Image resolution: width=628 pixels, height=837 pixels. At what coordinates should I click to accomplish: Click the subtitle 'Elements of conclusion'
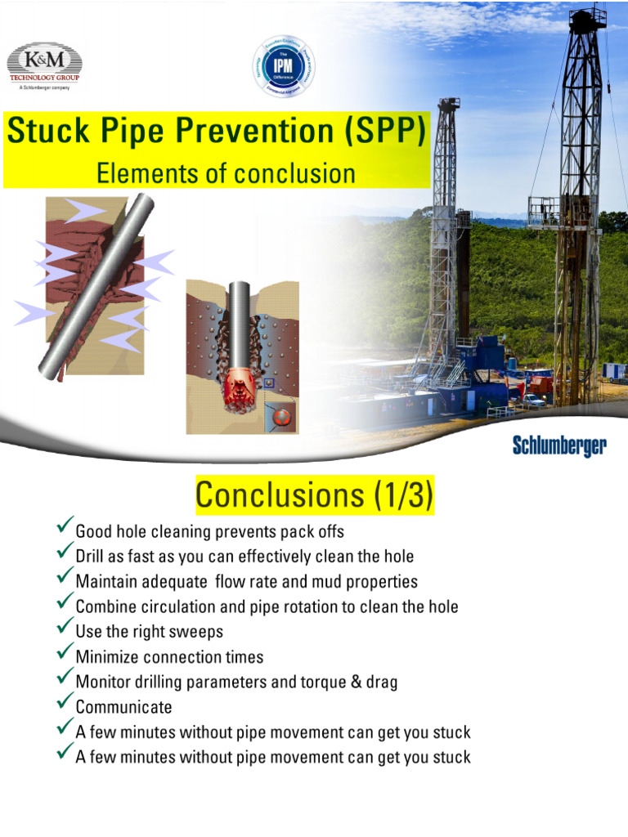pos(226,173)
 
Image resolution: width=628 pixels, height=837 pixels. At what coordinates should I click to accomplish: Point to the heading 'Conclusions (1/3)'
pos(315,495)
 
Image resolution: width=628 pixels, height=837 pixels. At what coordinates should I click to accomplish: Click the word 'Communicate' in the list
pos(123,706)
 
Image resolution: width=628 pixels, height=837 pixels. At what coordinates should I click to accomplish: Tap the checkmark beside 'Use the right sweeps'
pos(65,629)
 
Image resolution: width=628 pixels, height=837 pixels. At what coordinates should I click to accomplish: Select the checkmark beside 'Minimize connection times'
pos(65,654)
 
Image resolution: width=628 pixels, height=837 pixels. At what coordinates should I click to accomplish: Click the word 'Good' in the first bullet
pos(93,531)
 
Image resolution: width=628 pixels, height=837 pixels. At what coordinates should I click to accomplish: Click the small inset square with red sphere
pos(280,417)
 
